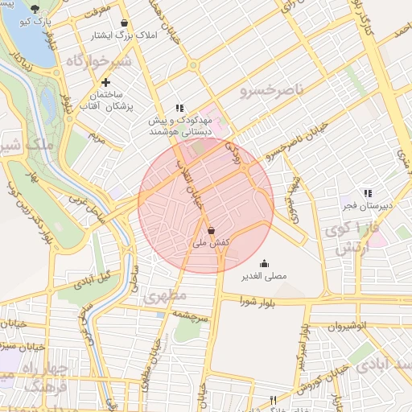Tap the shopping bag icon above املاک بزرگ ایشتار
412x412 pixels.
point(123,23)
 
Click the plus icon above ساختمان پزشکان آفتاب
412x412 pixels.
point(105,82)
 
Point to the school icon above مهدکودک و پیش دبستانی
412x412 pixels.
point(179,108)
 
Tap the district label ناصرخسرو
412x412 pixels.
point(272,90)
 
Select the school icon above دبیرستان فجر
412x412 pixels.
point(367,193)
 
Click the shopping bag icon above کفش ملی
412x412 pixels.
point(211,230)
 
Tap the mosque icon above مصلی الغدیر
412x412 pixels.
point(264,263)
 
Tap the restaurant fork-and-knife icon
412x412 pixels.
point(274,400)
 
